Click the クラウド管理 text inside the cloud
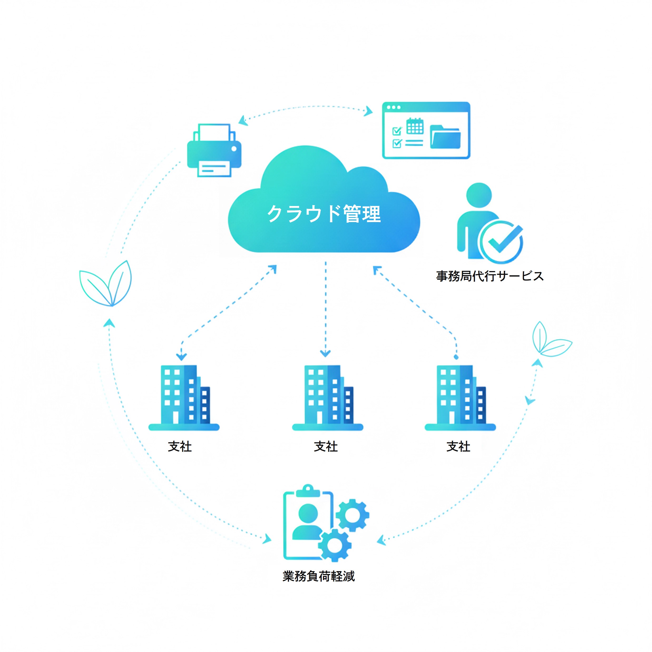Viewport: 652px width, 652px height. pyautogui.click(x=324, y=214)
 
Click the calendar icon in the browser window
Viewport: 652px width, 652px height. pyautogui.click(x=415, y=126)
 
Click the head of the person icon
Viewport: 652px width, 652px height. pyautogui.click(x=479, y=195)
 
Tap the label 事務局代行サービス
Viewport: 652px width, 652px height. pyautogui.click(x=490, y=276)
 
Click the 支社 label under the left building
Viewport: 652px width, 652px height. pyautogui.click(x=180, y=447)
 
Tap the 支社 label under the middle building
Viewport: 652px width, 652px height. pyautogui.click(x=326, y=447)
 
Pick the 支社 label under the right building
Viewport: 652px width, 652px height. pyautogui.click(x=458, y=447)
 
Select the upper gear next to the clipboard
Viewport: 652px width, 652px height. pyautogui.click(x=352, y=515)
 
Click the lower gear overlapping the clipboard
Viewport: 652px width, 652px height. pyautogui.click(x=335, y=546)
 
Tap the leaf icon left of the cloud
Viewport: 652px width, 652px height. pyautogui.click(x=106, y=284)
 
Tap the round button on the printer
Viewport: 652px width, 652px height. pyautogui.click(x=234, y=149)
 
